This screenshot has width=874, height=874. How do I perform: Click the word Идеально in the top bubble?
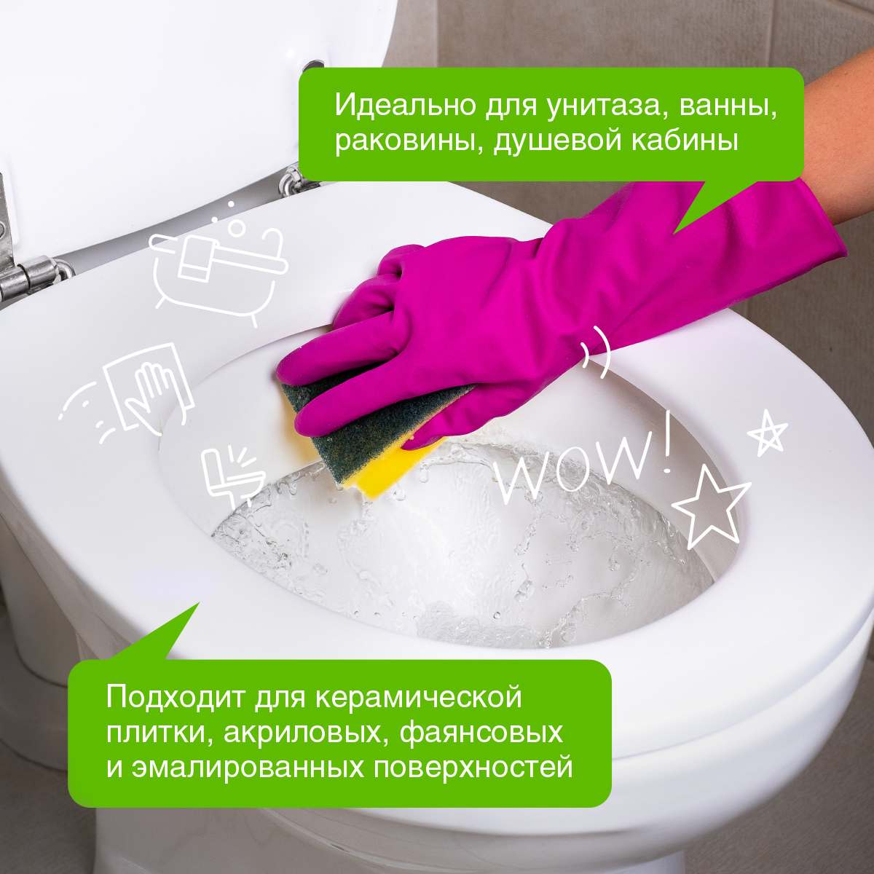[406, 105]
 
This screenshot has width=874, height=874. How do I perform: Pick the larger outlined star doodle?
[709, 511]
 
